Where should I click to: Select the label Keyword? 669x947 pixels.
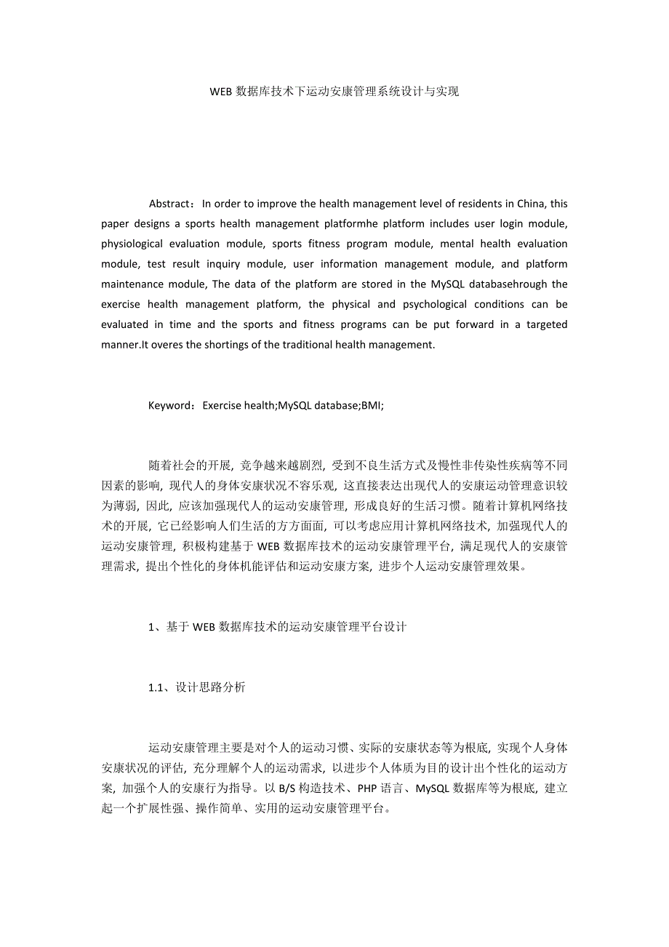point(171,405)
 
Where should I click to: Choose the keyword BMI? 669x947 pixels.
point(372,405)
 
